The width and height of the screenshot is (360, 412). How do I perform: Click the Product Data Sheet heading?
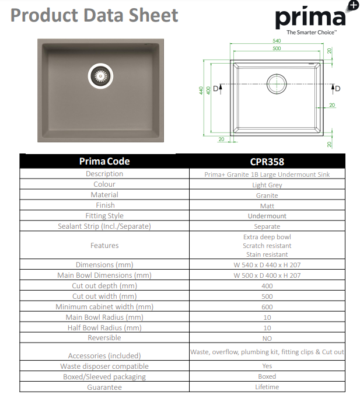[x=95, y=15]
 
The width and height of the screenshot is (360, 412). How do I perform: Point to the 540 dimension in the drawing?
[x=277, y=41]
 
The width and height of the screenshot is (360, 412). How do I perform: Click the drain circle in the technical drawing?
[x=277, y=83]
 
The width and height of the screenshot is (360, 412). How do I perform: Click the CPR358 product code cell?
[x=267, y=161]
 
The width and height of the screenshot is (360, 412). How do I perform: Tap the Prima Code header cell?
[x=104, y=161]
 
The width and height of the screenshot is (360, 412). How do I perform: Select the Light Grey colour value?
[x=267, y=185]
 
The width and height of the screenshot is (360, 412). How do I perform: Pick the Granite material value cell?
[x=267, y=195]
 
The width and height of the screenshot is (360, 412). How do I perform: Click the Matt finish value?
[x=267, y=206]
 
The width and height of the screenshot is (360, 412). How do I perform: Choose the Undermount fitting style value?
[x=267, y=216]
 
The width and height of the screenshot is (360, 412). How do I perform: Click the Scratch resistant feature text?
[x=267, y=246]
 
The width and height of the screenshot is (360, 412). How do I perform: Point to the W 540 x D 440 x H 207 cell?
[x=267, y=265]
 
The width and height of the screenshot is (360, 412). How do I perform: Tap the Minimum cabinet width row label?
[x=104, y=306]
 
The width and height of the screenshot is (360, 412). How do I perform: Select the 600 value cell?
[x=267, y=307]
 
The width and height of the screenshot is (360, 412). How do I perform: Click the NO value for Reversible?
[x=267, y=338]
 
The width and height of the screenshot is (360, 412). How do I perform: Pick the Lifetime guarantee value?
[x=267, y=387]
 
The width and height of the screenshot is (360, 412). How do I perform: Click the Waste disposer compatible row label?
[x=104, y=366]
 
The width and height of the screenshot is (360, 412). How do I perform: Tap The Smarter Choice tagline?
[x=311, y=33]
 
